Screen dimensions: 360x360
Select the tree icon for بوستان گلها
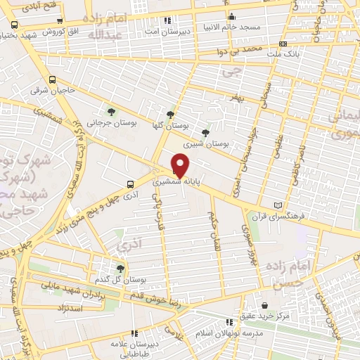(169, 115)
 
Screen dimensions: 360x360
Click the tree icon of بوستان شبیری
(205, 132)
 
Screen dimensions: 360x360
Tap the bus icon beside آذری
(129, 184)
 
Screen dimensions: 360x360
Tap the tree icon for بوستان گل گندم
(120, 268)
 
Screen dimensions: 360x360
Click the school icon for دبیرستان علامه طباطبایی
(134, 334)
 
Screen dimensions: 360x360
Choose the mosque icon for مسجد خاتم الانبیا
(231, 16)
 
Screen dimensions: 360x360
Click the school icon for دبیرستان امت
(166, 20)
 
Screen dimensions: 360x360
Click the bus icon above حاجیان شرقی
(53, 79)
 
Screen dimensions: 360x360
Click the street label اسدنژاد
(70, 309)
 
